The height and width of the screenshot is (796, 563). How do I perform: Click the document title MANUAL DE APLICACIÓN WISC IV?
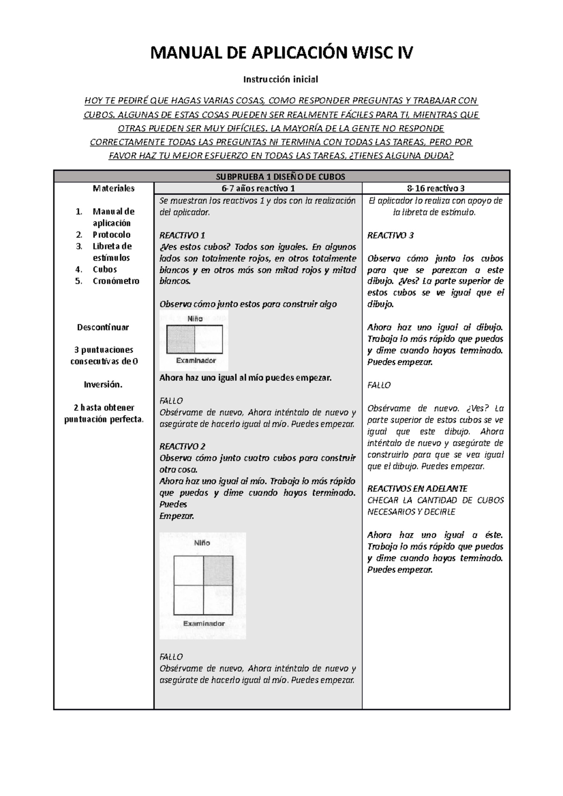281,53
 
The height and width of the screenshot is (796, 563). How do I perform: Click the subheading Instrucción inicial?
281,79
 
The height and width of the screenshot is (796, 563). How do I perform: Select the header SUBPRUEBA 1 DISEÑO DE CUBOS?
281,177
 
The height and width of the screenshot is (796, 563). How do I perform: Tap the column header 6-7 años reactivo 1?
258,188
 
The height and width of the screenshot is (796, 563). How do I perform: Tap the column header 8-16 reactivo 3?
436,188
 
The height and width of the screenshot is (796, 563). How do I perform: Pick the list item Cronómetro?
116,281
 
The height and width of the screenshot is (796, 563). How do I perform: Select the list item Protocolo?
111,235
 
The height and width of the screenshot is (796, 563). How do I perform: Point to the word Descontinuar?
103,327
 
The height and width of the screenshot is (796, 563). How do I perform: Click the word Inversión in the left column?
103,384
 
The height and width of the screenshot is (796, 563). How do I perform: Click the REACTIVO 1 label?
183,235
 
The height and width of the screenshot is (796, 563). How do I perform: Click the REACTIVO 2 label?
183,446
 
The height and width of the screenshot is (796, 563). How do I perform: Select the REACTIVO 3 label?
390,235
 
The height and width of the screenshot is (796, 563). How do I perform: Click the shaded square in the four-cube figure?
218,570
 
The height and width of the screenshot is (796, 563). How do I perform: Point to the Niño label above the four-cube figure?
202,543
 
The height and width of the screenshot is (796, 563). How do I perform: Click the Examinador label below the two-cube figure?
196,360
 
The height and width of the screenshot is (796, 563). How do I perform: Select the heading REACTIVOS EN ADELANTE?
417,488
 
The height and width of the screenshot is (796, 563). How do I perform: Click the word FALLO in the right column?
379,385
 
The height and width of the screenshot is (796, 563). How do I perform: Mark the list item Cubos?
105,270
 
